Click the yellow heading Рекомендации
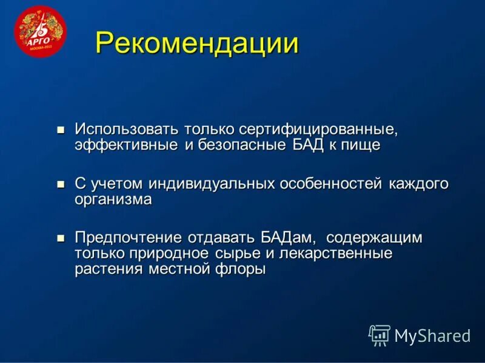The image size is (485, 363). (x=196, y=44)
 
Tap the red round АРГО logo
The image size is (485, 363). (x=40, y=31)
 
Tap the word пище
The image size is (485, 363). (x=361, y=145)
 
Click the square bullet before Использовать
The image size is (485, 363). (x=60, y=129)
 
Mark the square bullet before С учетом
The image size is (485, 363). (x=60, y=183)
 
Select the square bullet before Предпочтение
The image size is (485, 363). (x=60, y=238)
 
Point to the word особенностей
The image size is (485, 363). (x=331, y=183)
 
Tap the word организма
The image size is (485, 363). (x=113, y=200)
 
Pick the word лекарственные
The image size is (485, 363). (x=341, y=253)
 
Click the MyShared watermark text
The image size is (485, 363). (x=432, y=336)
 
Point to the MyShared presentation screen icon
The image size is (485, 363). (x=380, y=335)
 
